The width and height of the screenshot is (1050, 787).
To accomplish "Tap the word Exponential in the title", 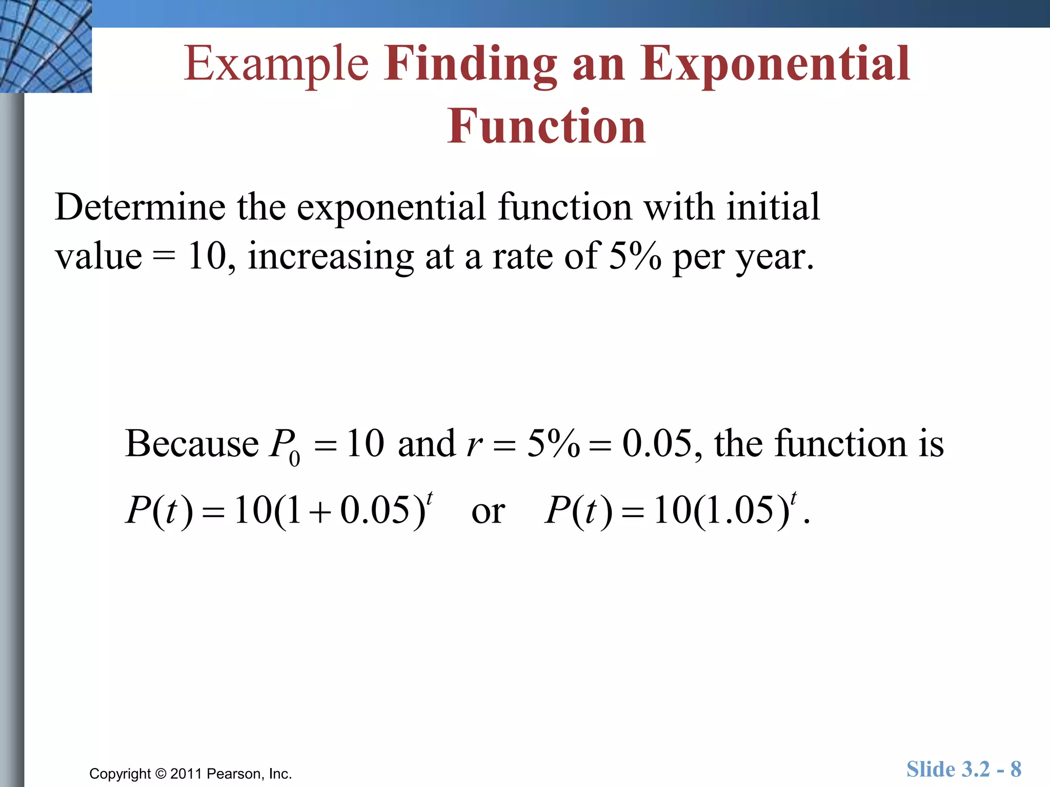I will [x=775, y=65].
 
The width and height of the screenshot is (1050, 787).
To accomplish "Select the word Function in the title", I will [x=547, y=127].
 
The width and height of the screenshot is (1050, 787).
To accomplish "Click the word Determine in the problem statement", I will [x=139, y=208].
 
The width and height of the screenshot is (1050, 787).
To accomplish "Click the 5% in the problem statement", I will [x=635, y=256].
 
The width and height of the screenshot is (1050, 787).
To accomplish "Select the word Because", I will [x=192, y=444].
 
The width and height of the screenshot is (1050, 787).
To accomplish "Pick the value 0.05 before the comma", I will [x=657, y=444].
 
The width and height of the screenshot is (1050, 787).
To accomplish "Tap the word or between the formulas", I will [x=488, y=512].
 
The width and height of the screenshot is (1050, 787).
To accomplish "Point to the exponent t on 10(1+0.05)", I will [x=430, y=496].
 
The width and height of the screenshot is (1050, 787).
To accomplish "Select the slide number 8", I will [x=1016, y=769].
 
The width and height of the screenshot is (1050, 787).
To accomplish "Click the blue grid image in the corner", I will [x=46, y=46].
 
